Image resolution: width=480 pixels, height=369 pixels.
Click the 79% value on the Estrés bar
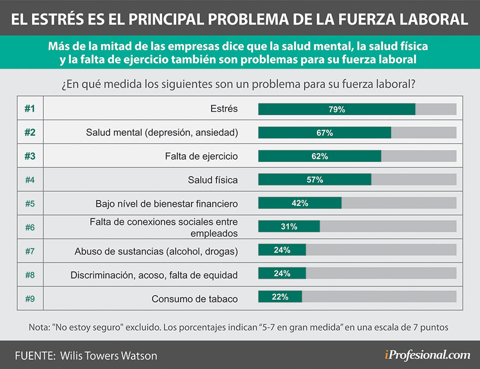[337, 109]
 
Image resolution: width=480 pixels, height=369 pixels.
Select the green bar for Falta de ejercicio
[319, 156]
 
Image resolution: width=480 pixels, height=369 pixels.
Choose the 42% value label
[299, 203]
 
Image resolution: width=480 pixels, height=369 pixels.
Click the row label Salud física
[213, 180]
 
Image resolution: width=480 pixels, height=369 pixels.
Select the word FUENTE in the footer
[34, 356]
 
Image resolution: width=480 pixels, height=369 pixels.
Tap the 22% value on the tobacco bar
[280, 297]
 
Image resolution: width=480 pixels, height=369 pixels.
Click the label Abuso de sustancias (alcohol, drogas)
[156, 251]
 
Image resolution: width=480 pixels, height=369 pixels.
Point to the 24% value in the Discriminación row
[282, 274]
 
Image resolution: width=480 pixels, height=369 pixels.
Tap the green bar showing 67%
[324, 133]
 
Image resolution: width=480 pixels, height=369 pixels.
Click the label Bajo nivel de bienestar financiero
[166, 204]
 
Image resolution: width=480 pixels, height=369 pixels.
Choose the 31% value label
[289, 227]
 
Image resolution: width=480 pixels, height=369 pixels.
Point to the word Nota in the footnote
[39, 328]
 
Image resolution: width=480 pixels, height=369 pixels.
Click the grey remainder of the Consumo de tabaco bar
[379, 297]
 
